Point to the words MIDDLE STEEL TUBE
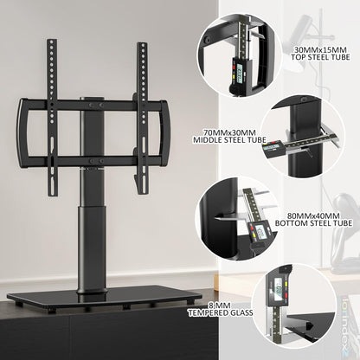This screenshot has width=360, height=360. click(x=224, y=146)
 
